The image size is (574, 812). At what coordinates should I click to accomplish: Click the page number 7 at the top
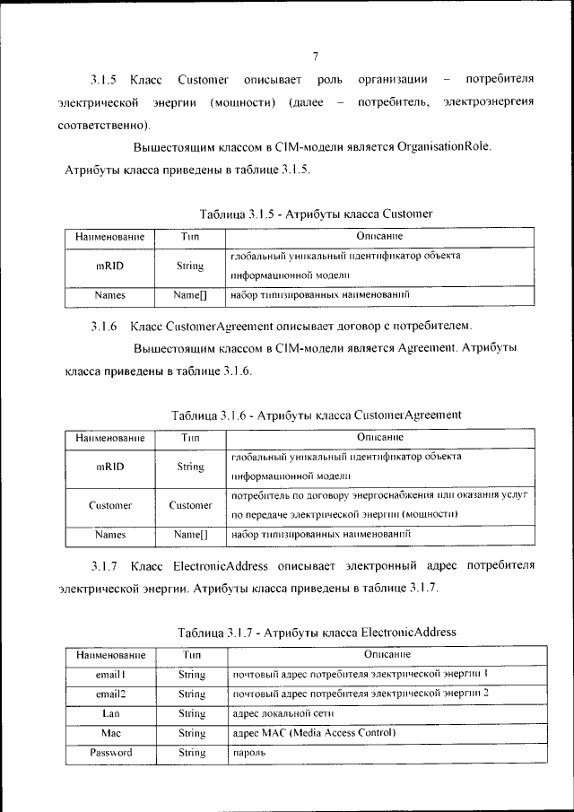point(316,57)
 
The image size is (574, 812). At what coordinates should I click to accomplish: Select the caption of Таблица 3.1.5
point(317,214)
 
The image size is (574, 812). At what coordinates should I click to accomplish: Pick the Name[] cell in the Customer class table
point(190,294)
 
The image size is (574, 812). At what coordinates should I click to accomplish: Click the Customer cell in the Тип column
point(190,505)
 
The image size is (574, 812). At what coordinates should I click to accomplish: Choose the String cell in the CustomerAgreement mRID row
point(190,467)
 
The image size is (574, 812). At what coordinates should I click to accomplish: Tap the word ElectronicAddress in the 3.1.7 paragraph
point(213,566)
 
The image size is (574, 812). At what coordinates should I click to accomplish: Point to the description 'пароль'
point(247,754)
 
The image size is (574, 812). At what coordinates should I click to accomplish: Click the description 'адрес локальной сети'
point(279,714)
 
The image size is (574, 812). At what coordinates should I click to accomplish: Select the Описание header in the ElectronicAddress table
point(378,655)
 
